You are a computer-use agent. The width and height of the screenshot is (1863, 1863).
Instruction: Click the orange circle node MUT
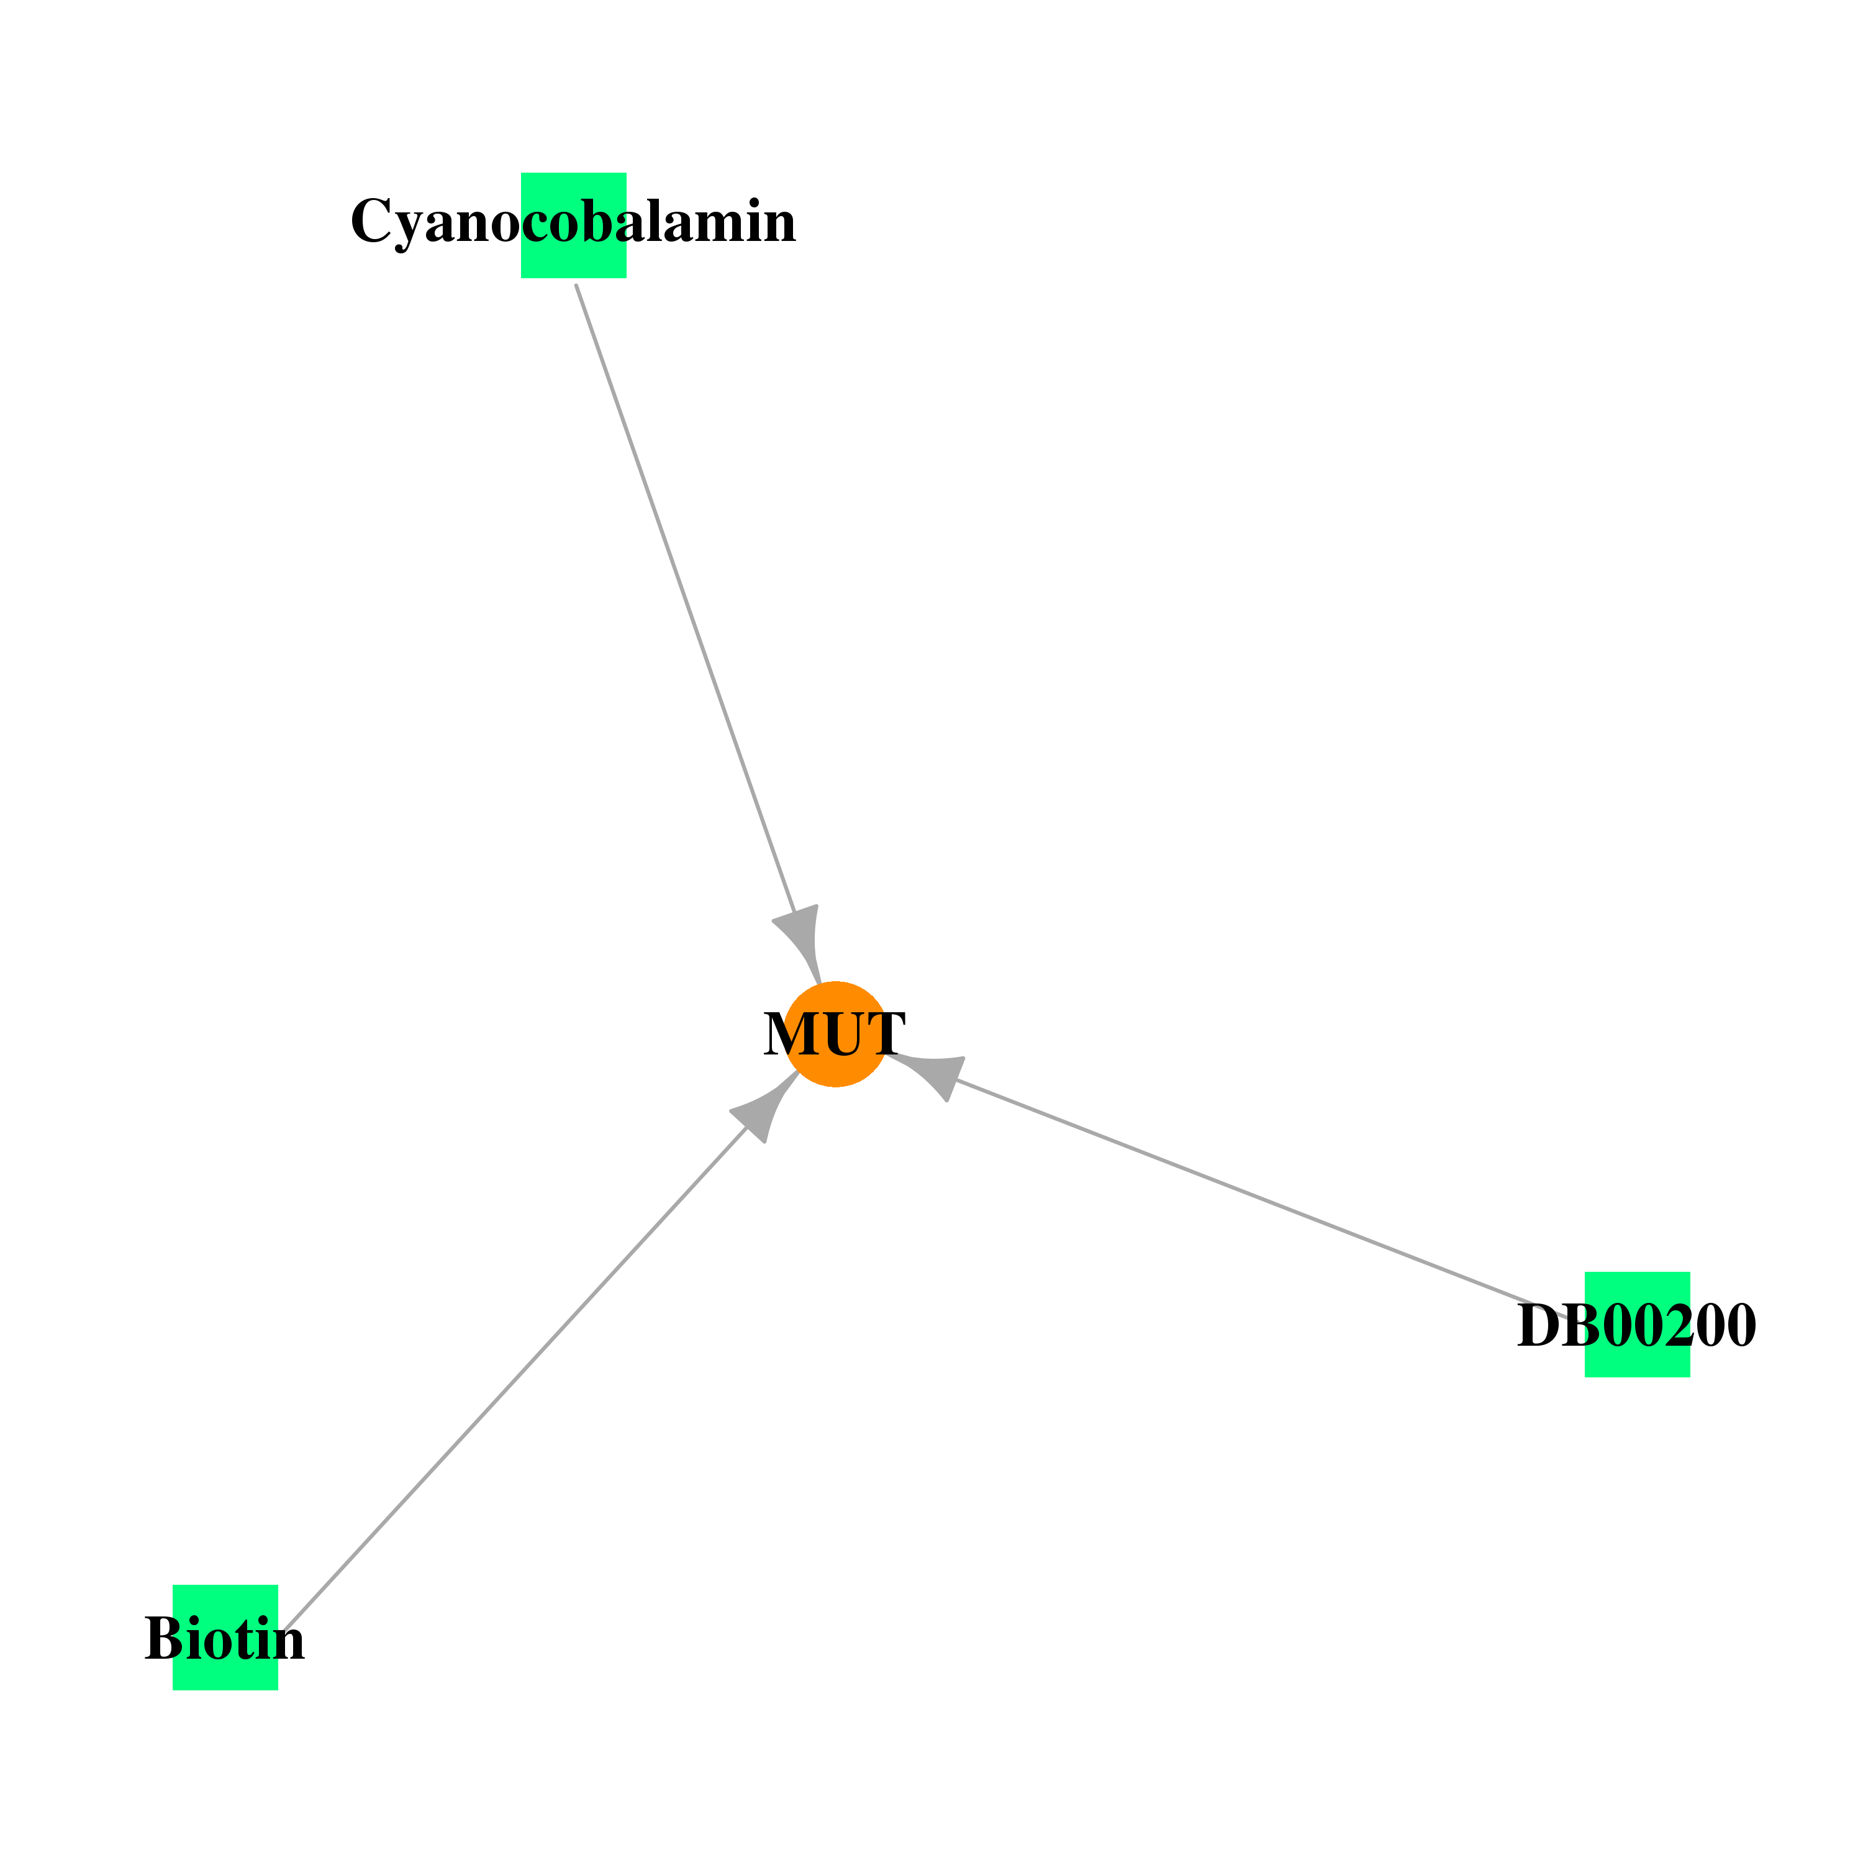pyautogui.click(x=835, y=1034)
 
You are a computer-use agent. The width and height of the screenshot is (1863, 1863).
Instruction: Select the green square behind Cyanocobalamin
pyautogui.click(x=574, y=225)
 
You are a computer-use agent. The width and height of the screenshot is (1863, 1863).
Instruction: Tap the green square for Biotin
pyautogui.click(x=225, y=1638)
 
